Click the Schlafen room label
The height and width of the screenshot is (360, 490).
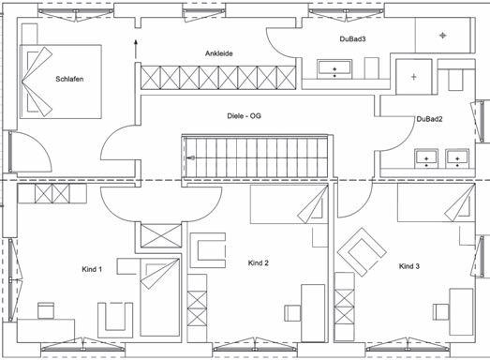[69, 79]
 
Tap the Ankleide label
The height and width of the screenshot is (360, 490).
[218, 53]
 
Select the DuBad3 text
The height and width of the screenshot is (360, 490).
[352, 39]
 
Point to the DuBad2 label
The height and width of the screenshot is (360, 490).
[429, 119]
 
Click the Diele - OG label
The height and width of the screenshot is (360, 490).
[244, 116]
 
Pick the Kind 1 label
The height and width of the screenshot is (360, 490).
[92, 269]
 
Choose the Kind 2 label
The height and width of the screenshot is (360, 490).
[259, 263]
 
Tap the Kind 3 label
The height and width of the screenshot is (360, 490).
[409, 266]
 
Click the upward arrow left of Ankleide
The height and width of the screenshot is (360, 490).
[136, 49]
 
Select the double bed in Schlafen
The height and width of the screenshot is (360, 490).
[61, 82]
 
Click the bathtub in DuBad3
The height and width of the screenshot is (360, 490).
[334, 69]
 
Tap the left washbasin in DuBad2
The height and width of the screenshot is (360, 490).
[426, 158]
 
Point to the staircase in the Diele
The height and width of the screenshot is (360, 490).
[257, 157]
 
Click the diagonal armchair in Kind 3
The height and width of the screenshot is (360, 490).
[362, 252]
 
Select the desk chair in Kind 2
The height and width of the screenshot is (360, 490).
[292, 313]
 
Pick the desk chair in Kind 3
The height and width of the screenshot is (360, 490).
[441, 312]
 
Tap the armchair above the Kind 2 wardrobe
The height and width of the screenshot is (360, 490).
[208, 250]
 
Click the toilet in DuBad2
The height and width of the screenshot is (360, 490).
[455, 81]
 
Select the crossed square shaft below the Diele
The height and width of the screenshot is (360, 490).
[161, 235]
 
